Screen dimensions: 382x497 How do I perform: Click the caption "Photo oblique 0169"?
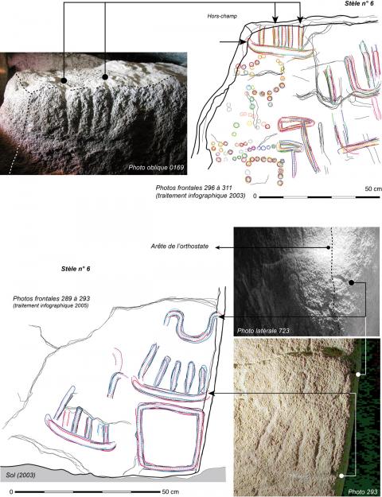(156, 167)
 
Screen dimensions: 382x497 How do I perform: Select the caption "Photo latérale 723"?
(263, 331)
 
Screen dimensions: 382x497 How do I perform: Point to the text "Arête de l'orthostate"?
(180, 247)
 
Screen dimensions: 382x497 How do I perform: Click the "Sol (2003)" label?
(21, 475)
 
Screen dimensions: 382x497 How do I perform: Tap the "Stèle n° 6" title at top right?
(361, 4)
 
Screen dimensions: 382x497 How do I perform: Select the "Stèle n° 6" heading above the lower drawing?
(76, 269)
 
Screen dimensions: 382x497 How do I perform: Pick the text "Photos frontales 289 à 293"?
(52, 298)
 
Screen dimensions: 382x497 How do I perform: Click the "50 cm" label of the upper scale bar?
(373, 188)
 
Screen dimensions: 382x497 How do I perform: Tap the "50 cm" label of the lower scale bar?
(170, 491)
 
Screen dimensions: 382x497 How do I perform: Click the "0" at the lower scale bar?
(11, 492)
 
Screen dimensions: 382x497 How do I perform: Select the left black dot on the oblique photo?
(64, 80)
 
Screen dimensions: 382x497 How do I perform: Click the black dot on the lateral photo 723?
(351, 282)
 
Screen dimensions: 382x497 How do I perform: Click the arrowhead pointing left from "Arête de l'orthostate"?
(218, 247)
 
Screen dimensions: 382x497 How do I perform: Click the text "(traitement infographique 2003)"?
(201, 196)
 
